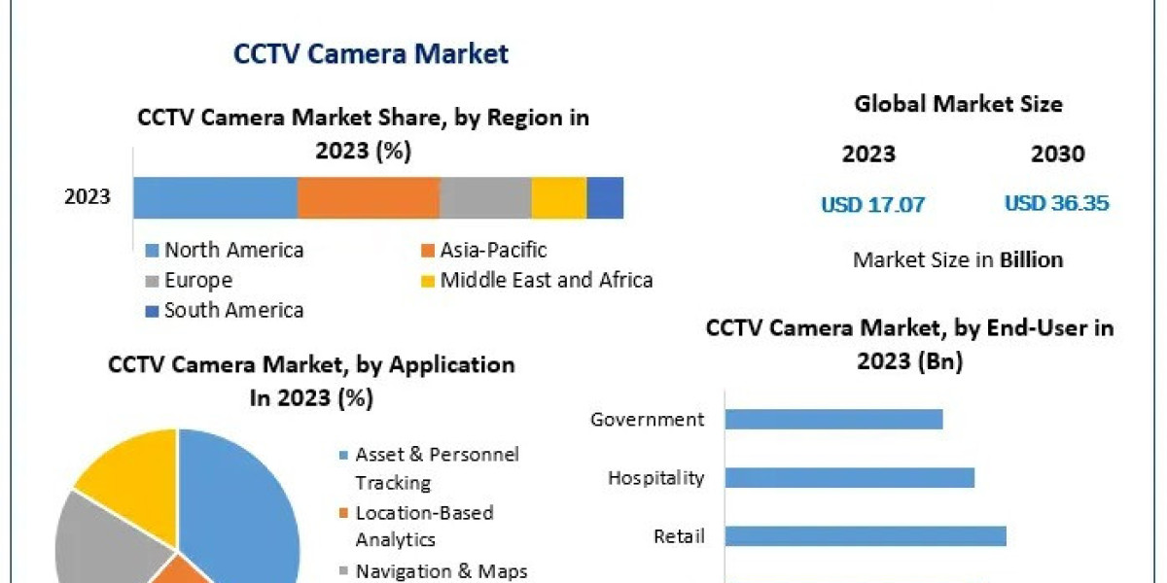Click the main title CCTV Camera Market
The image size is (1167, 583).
[371, 53]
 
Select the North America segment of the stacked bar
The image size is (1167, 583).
[215, 197]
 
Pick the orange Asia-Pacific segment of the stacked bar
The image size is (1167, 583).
[369, 197]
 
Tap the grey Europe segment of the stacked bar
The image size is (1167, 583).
[485, 197]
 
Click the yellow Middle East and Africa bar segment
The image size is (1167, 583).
[559, 197]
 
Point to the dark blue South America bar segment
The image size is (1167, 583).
[605, 197]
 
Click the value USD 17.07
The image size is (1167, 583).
[872, 204]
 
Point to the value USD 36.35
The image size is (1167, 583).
[1056, 203]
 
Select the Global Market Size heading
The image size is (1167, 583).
[958, 104]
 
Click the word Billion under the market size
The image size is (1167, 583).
[1031, 260]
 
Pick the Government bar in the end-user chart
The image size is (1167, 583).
[833, 419]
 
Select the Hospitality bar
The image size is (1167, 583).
[849, 477]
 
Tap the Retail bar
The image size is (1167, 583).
[865, 536]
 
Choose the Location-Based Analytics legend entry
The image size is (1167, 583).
[424, 525]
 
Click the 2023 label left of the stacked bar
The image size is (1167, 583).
[88, 197]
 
